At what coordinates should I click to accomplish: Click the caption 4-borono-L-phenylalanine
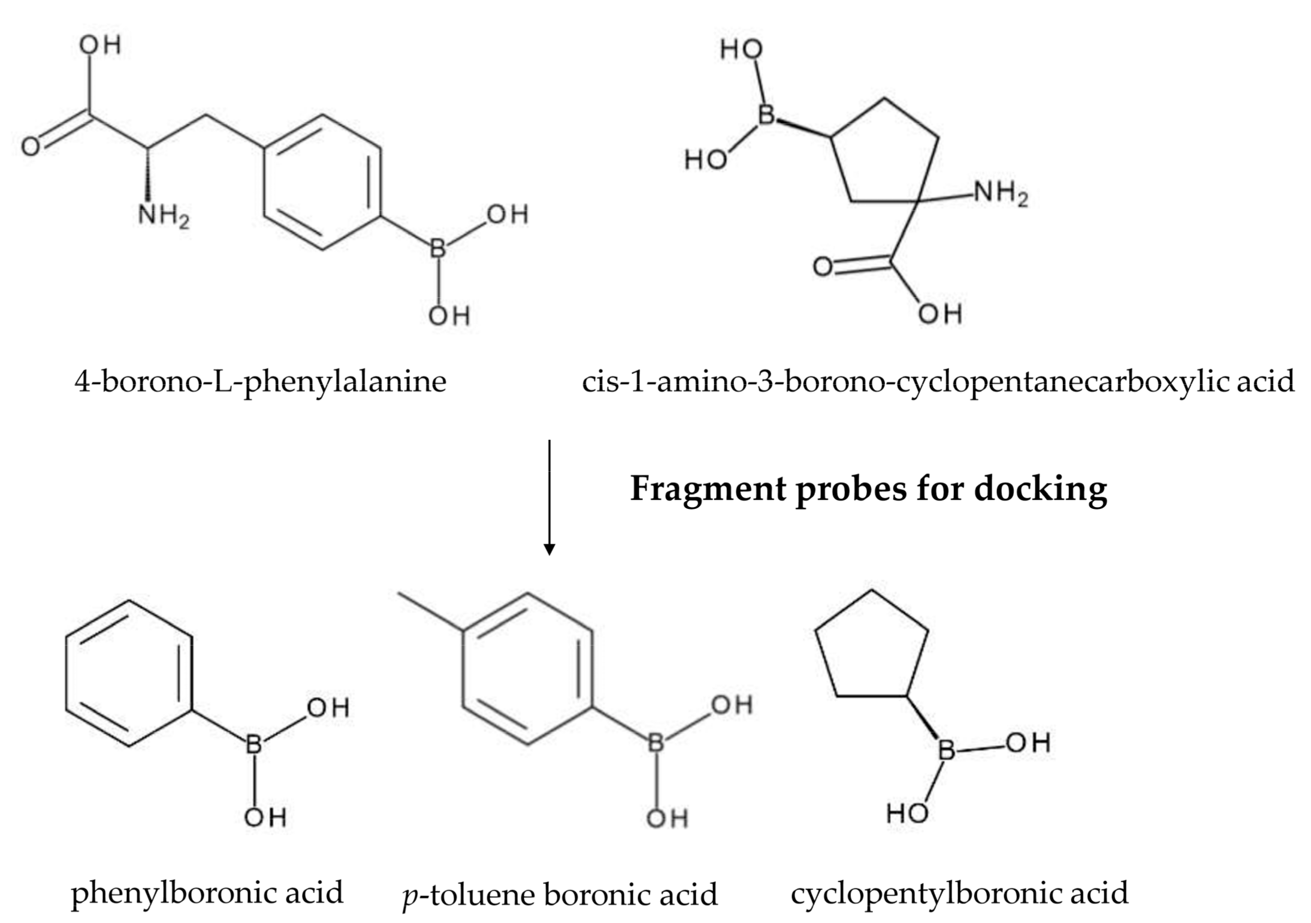click(x=260, y=381)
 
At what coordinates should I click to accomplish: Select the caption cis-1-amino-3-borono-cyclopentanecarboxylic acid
click(x=938, y=381)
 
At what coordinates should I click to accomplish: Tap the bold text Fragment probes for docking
click(x=868, y=489)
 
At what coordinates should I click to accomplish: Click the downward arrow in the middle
click(x=549, y=497)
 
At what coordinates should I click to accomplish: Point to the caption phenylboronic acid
click(x=207, y=892)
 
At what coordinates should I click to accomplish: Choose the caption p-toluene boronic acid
click(x=560, y=895)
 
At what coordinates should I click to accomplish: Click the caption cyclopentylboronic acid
click(x=959, y=892)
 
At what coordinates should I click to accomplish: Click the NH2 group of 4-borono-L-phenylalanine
click(x=163, y=215)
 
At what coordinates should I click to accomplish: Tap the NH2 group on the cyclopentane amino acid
click(x=1000, y=193)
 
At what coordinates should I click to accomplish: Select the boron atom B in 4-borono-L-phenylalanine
click(x=438, y=248)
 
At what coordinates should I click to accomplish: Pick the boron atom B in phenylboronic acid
click(x=254, y=744)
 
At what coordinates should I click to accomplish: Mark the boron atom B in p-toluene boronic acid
click(x=656, y=744)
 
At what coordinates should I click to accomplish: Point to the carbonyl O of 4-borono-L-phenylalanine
click(x=31, y=146)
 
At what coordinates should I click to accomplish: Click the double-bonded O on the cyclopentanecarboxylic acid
click(x=823, y=267)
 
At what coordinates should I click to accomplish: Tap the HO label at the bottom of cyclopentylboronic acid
click(x=907, y=813)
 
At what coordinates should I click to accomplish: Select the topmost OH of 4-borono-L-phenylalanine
click(x=101, y=45)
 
